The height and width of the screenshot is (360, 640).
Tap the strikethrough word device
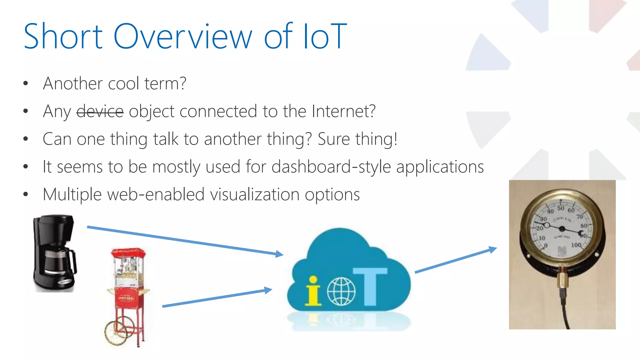(100, 111)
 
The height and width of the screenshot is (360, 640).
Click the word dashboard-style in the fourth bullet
(331, 167)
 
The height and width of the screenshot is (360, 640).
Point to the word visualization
(255, 194)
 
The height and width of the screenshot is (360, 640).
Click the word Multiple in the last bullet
(72, 194)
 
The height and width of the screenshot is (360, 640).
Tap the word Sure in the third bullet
(333, 139)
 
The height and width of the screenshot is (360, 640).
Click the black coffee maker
(54, 253)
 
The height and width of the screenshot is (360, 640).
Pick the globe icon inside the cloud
(341, 292)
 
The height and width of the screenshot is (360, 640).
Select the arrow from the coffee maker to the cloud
(184, 240)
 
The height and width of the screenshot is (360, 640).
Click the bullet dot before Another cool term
(26, 83)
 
